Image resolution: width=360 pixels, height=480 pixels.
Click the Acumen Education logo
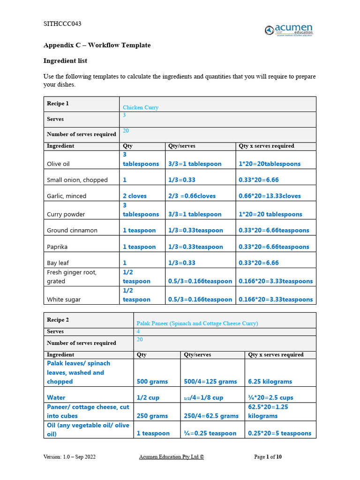tap(288, 30)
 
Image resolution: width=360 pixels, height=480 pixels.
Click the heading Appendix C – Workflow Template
tap(97, 45)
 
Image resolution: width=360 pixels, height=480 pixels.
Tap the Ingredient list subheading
tap(65, 61)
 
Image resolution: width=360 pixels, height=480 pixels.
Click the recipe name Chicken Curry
tap(141, 107)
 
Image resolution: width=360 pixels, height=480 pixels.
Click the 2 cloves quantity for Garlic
tap(135, 196)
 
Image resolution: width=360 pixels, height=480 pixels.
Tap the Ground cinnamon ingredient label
tap(72, 231)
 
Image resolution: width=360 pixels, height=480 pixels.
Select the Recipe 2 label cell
tap(58, 320)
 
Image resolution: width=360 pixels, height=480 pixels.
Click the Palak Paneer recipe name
tap(197, 323)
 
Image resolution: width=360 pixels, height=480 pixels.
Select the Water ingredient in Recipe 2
tap(56, 397)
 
